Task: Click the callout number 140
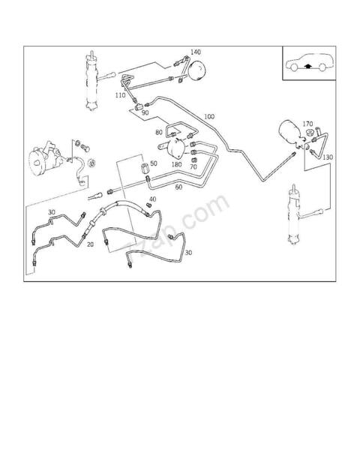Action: tap(195, 52)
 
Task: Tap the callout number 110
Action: tap(120, 96)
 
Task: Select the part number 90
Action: tap(145, 112)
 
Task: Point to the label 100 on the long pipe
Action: tap(208, 117)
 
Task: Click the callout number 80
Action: tap(159, 133)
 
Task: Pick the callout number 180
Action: tap(177, 164)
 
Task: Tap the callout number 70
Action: tap(193, 166)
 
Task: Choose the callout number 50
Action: tap(154, 163)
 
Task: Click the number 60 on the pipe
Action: tap(178, 187)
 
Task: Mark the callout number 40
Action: tap(152, 199)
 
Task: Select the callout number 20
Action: tap(90, 244)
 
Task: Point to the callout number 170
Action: tap(307, 124)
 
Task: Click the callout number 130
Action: tap(327, 157)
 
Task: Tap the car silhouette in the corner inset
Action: tap(307, 63)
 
